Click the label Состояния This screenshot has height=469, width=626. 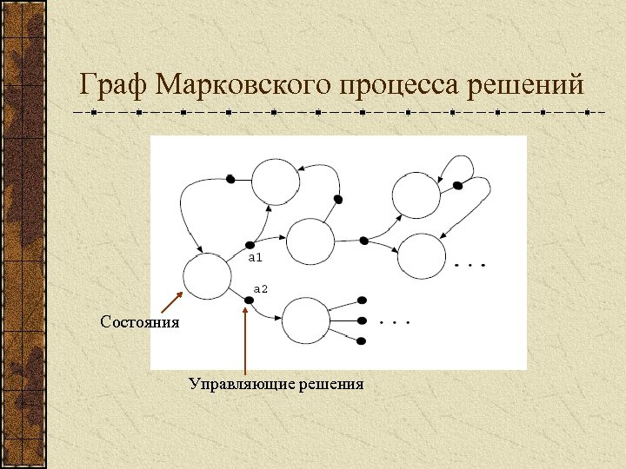pos(140,322)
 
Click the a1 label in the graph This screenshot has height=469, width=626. pos(256,258)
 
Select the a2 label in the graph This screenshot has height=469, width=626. pos(260,287)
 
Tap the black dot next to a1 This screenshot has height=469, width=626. pos(250,245)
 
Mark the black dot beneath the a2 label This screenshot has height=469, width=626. pos(249,301)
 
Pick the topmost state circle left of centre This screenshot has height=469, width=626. pos(276,182)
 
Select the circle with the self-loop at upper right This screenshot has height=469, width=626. pos(416,195)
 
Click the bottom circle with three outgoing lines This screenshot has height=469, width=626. pos(307,321)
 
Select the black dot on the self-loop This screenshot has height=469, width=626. pos(457,184)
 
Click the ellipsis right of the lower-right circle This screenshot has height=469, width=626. pos(469,264)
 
